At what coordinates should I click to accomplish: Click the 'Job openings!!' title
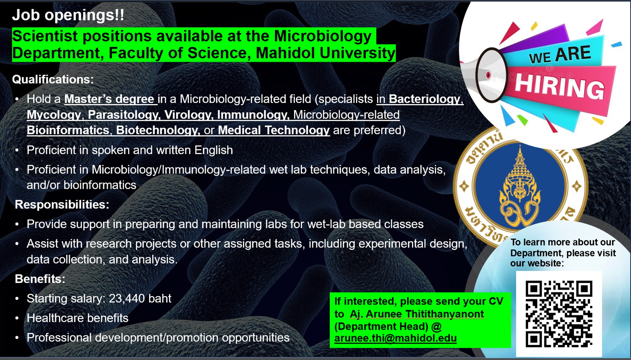pyautogui.click(x=68, y=15)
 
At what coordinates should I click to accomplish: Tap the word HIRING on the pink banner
pyautogui.click(x=559, y=87)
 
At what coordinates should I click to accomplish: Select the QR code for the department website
pyautogui.click(x=559, y=314)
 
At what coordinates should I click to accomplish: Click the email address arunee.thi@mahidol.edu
pyautogui.click(x=395, y=338)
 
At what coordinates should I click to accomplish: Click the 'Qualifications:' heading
pyautogui.click(x=53, y=79)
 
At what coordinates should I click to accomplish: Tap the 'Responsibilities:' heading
pyautogui.click(x=62, y=205)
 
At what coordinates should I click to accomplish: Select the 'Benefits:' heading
pyautogui.click(x=40, y=279)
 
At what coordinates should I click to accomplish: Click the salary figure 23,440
pyautogui.click(x=125, y=298)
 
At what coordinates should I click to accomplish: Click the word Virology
pyautogui.click(x=189, y=114)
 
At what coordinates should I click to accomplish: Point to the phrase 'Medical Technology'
pyautogui.click(x=274, y=130)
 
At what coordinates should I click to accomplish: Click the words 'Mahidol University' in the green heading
pyautogui.click(x=325, y=53)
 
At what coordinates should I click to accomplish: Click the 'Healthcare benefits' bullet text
pyautogui.click(x=77, y=318)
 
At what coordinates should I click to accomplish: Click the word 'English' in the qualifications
pyautogui.click(x=214, y=150)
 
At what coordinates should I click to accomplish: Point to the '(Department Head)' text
pyautogui.click(x=381, y=326)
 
